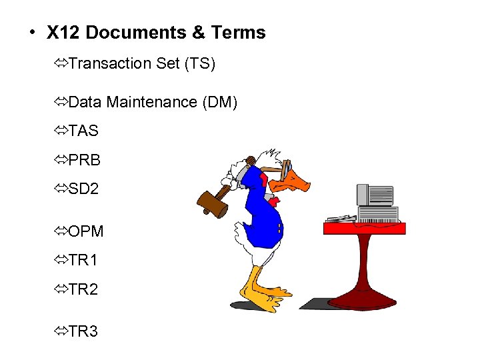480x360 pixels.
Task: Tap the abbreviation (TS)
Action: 201,64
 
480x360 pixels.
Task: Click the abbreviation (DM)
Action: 217,103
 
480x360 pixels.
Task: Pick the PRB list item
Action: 85,161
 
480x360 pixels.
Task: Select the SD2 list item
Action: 84,189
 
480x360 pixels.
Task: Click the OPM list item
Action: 86,232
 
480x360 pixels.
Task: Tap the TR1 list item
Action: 83,261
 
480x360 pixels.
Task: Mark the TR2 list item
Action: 83,290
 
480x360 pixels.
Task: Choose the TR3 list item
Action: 83,331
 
